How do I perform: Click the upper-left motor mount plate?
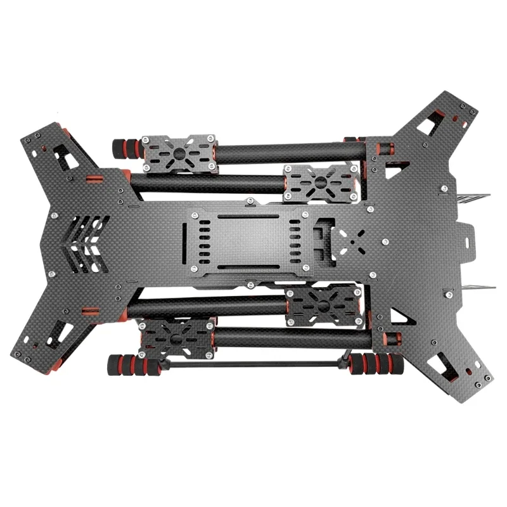coord(180,153)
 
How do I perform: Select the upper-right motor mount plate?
coord(320,183)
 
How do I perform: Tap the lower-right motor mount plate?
coord(325,306)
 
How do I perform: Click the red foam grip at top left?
coord(126,150)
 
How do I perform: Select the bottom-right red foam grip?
coord(377,364)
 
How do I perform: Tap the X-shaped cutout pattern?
coord(350,241)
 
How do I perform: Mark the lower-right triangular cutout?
coord(398,315)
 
